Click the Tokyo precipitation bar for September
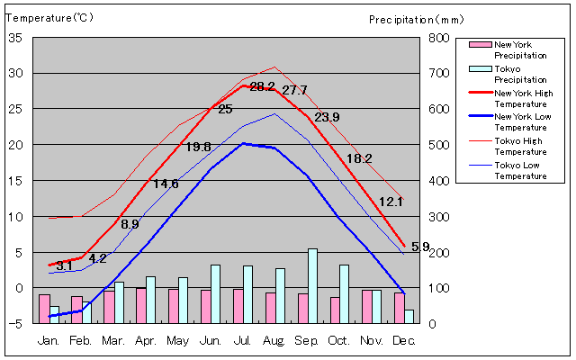coord(312,286)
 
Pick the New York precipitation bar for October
coord(335,310)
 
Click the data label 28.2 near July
coord(262,87)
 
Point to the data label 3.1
coord(64,266)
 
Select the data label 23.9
coord(327,117)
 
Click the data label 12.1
coord(391,202)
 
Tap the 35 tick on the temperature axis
coord(15,38)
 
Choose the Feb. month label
coord(81,341)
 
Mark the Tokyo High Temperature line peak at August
coord(275,67)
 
